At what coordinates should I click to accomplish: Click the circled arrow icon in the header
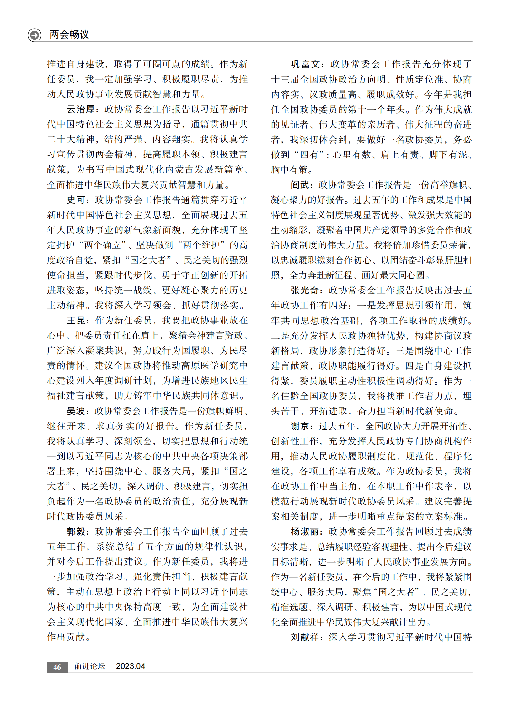coord(35,35)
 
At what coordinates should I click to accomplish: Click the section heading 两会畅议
coord(69,35)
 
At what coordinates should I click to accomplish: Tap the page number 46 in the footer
coord(57,667)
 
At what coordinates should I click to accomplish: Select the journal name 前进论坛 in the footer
coord(89,666)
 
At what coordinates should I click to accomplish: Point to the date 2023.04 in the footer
coord(131,666)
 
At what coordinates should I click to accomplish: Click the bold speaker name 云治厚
coord(81,109)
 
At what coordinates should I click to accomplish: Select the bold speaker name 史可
coord(76,200)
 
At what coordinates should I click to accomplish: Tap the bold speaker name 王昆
coord(76,320)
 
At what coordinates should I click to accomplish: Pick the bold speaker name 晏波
coord(76,411)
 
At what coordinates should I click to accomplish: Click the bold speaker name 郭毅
coord(76,531)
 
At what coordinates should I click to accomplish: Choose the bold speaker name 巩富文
coord(305,64)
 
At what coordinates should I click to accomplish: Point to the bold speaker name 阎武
coord(300,185)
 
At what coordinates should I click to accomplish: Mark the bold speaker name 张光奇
coord(305,290)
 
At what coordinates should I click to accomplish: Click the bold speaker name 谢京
coord(300,426)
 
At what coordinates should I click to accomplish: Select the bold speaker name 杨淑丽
coord(305,531)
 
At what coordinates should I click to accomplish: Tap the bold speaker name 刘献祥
coord(305,637)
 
